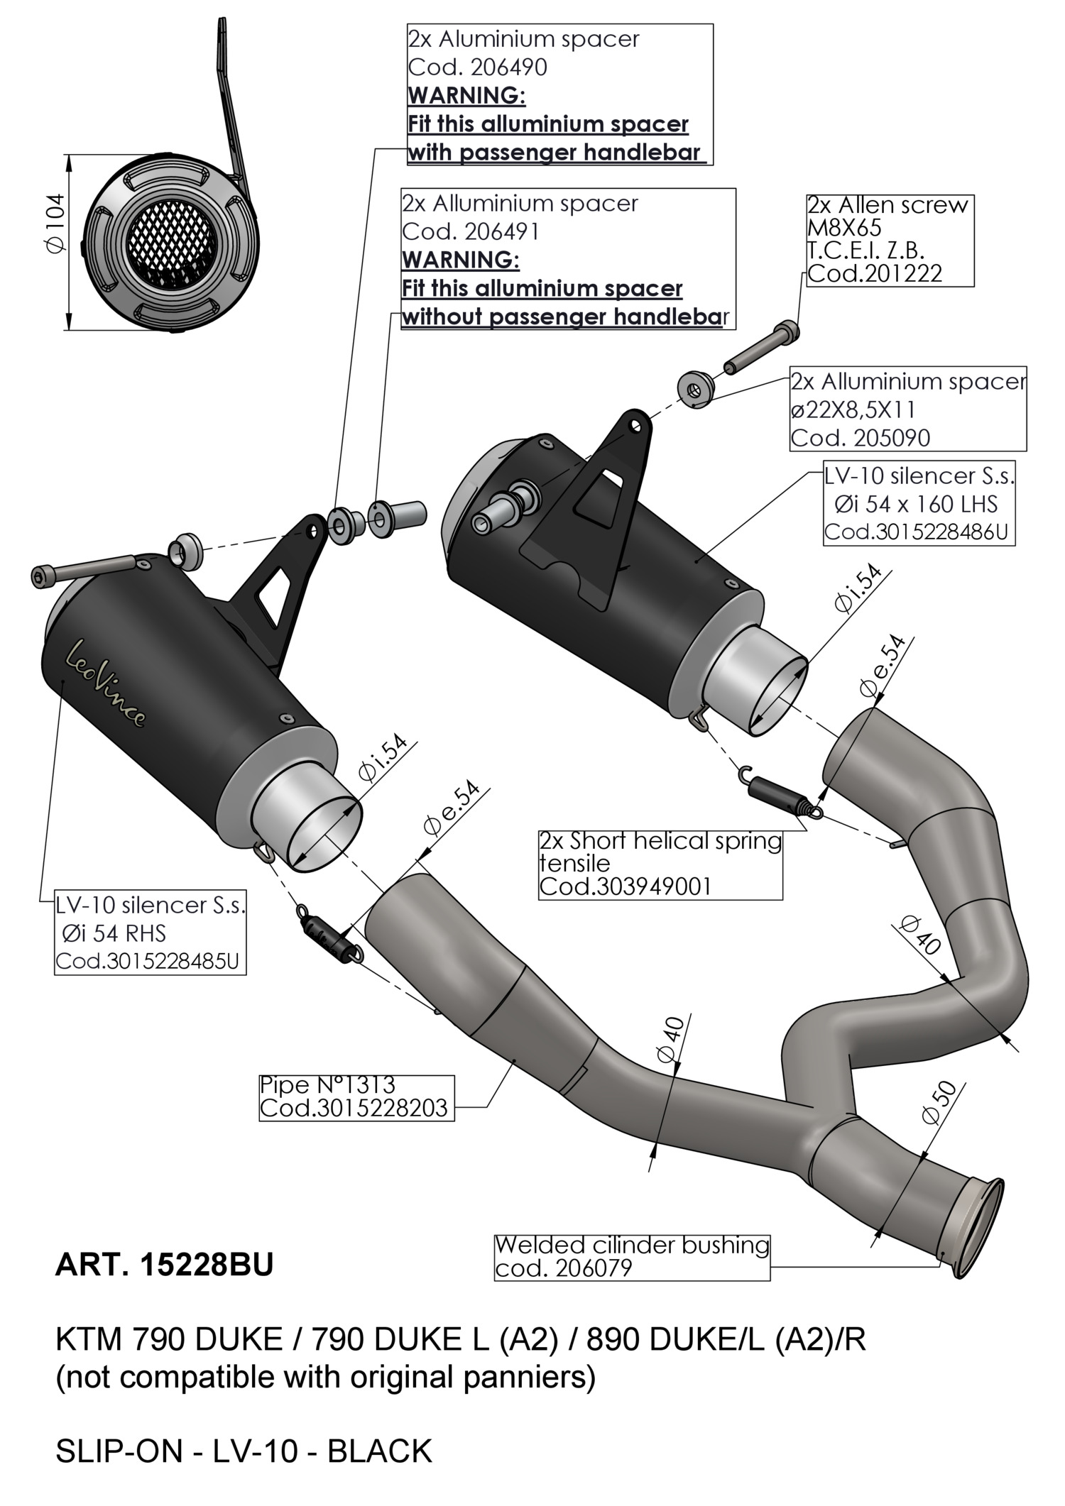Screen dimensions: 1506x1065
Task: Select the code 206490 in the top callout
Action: (x=477, y=67)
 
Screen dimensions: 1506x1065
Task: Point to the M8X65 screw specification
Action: (x=844, y=228)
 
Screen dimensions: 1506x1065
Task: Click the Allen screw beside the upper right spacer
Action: (x=761, y=350)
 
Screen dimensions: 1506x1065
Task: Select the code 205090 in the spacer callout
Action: (x=860, y=438)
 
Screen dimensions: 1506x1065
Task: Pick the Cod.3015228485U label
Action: (x=148, y=962)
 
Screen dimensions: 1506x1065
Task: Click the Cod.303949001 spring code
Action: (x=625, y=886)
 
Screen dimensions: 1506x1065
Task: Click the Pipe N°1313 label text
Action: (x=327, y=1085)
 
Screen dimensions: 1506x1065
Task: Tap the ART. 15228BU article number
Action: (x=164, y=1264)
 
